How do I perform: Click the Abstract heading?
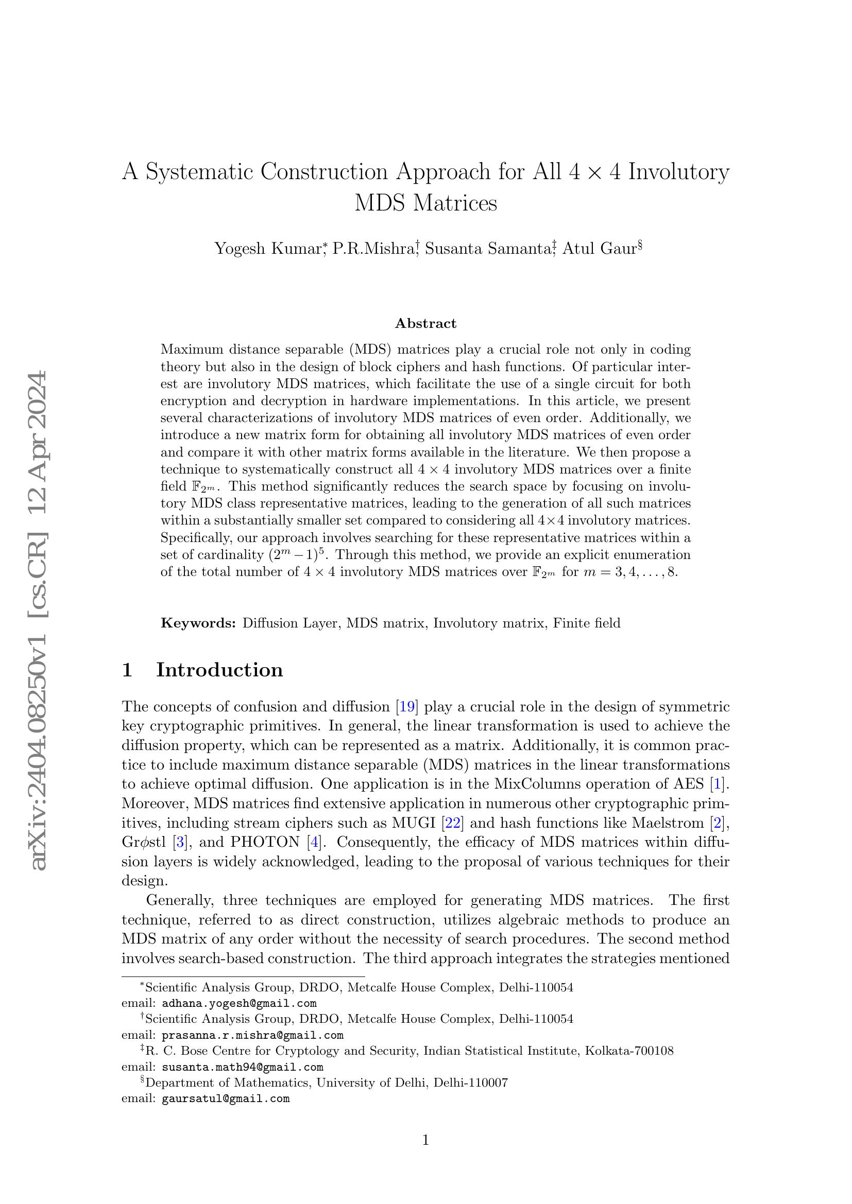(425, 324)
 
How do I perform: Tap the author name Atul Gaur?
(599, 248)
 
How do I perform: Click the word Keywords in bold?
(198, 623)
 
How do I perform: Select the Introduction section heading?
(219, 670)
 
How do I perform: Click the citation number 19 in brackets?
(407, 707)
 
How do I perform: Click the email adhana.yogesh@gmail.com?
(239, 1004)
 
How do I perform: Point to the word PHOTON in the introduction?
(265, 843)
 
